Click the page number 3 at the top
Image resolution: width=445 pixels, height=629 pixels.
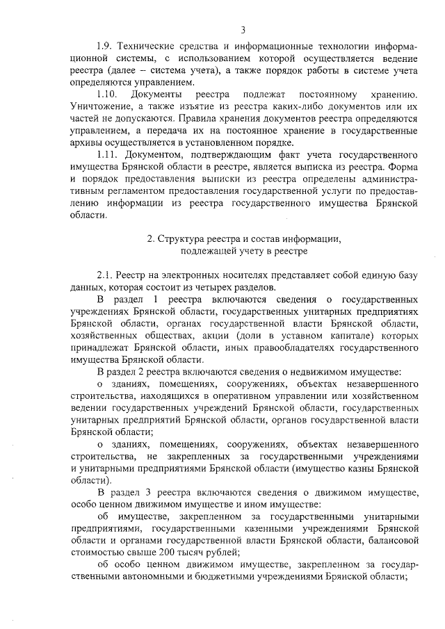[x=243, y=29]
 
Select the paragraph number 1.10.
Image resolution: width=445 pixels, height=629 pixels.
[x=108, y=94]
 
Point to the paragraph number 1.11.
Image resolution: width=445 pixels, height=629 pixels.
[x=108, y=153]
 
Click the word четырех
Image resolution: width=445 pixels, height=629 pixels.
[x=225, y=288]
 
